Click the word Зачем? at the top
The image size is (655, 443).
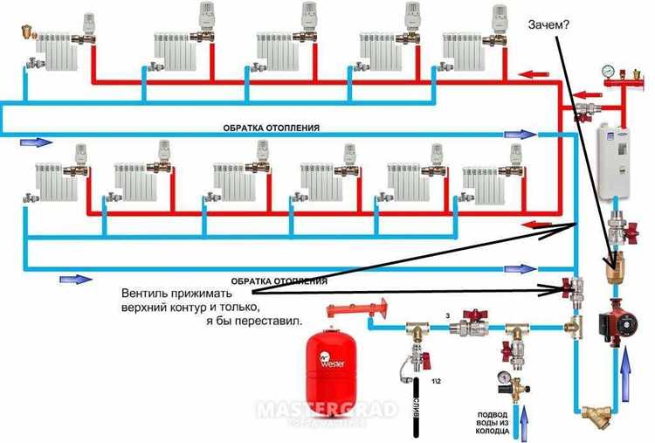(548, 24)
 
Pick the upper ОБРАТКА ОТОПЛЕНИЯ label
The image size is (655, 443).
(271, 128)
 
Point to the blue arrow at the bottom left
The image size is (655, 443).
(76, 279)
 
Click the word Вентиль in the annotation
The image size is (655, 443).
(148, 294)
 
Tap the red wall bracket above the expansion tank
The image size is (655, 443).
(357, 308)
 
